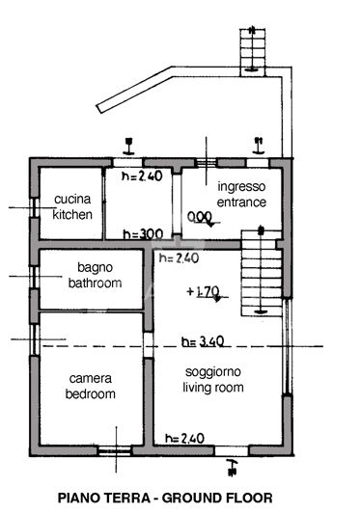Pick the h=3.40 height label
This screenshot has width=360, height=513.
tap(203, 341)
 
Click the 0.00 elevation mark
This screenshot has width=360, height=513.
tap(199, 216)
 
